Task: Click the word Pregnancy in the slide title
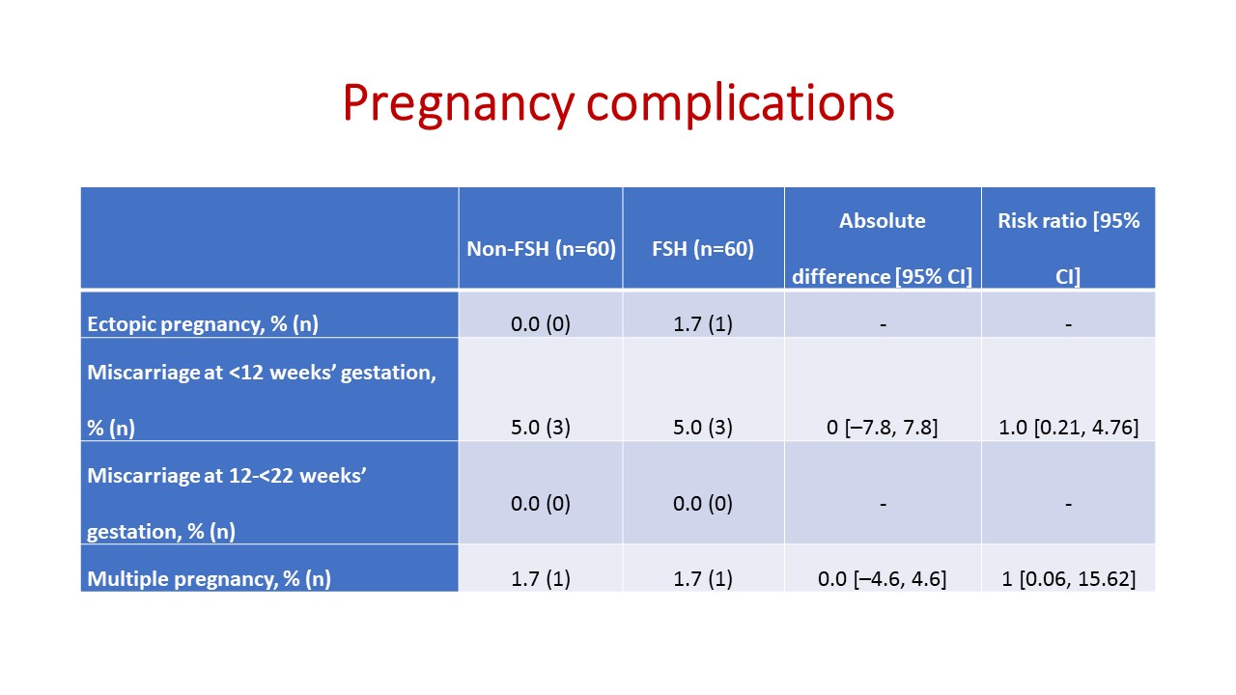459,104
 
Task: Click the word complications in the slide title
741,103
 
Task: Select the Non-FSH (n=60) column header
541,249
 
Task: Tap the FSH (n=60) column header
703,249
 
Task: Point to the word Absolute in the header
883,221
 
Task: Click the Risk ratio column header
1068,248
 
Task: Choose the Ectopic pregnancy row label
203,323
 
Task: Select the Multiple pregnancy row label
210,578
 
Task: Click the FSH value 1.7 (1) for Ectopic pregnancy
703,323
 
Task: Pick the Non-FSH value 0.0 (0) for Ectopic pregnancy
541,323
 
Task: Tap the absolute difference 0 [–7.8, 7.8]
883,428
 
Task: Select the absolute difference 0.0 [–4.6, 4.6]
883,578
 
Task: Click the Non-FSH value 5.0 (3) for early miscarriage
541,428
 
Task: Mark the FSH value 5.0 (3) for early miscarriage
703,428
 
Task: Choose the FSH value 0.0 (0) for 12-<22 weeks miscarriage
703,504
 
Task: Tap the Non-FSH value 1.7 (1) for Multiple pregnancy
541,578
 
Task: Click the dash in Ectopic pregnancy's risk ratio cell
1068,324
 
